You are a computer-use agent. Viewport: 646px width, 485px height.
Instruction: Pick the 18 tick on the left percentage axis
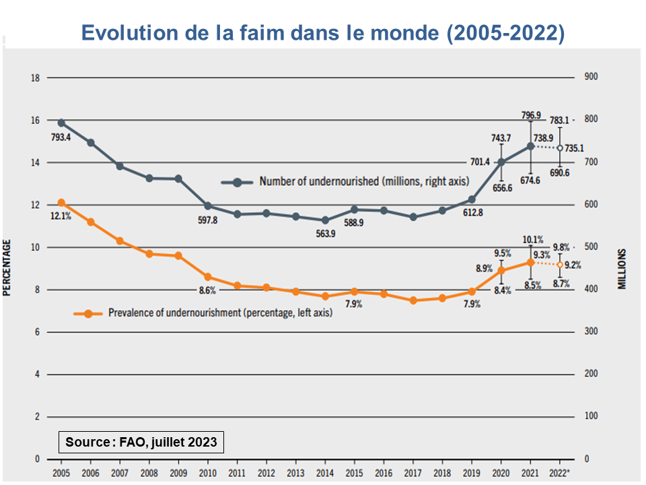35,78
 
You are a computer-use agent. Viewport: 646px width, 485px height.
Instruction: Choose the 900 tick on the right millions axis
591,78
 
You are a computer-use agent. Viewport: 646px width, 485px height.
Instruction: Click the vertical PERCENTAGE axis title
8,269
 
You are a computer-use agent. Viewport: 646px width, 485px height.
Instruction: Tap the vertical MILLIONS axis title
622,269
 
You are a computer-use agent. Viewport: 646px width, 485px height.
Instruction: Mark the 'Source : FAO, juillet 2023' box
141,442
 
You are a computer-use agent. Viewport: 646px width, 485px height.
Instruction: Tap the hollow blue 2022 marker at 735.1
560,148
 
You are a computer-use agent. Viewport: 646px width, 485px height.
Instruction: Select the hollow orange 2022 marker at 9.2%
560,265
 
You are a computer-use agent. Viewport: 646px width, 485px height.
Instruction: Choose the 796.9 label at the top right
532,115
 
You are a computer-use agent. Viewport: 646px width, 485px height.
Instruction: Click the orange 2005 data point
61,203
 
